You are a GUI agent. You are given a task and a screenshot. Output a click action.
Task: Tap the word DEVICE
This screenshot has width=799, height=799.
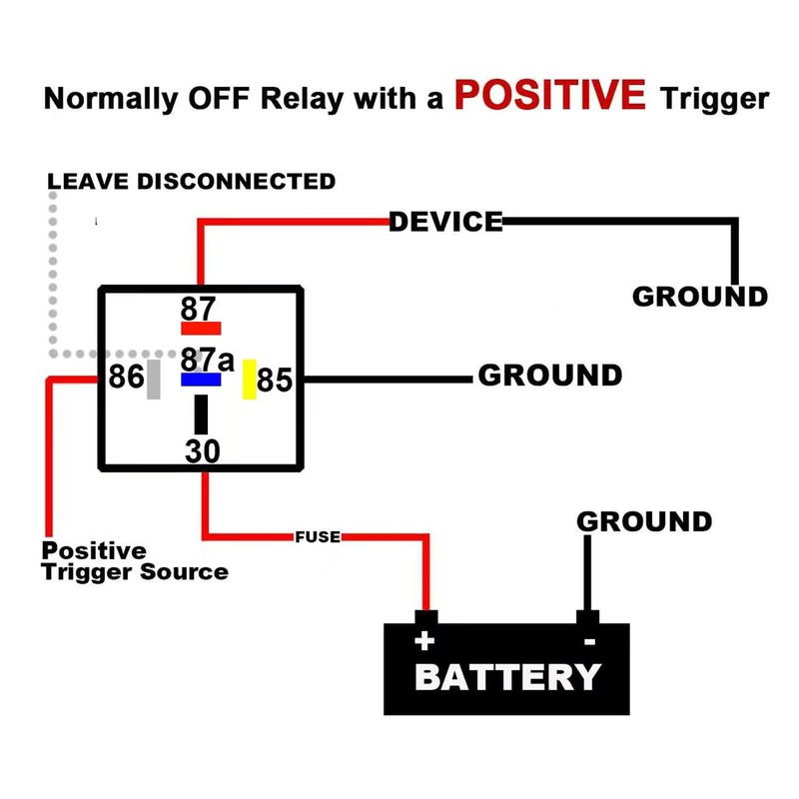[445, 222]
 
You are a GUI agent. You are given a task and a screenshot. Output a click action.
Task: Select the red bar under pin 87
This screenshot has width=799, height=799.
[200, 328]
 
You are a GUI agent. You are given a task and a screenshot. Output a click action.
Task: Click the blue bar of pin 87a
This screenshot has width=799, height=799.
[200, 381]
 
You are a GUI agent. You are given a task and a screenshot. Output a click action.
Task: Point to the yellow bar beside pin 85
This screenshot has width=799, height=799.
[250, 379]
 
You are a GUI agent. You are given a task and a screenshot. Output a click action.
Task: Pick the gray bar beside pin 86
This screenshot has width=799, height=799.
[154, 380]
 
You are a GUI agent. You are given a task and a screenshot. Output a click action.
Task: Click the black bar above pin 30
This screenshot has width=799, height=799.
[202, 413]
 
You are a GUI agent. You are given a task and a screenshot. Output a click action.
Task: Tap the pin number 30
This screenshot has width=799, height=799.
[202, 451]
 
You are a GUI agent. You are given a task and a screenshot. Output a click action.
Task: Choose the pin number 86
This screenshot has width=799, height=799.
[126, 380]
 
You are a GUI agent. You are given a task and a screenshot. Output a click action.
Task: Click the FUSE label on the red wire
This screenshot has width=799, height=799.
[319, 537]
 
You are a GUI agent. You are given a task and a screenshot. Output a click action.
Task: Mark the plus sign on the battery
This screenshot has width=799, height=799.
[424, 640]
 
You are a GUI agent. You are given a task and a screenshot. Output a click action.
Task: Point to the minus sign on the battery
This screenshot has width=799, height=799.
[589, 640]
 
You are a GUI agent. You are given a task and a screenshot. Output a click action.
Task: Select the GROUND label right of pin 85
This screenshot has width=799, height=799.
[549, 376]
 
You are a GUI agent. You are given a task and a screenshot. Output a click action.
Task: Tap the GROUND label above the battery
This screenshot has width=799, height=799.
[644, 521]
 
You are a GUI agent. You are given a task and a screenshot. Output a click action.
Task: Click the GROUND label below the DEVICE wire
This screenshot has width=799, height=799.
[699, 297]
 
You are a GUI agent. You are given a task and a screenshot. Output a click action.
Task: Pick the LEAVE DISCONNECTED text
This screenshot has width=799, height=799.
[192, 182]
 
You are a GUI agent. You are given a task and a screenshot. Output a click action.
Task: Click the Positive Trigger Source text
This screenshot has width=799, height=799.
[134, 561]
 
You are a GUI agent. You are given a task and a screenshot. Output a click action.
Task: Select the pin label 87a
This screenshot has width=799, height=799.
[207, 359]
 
